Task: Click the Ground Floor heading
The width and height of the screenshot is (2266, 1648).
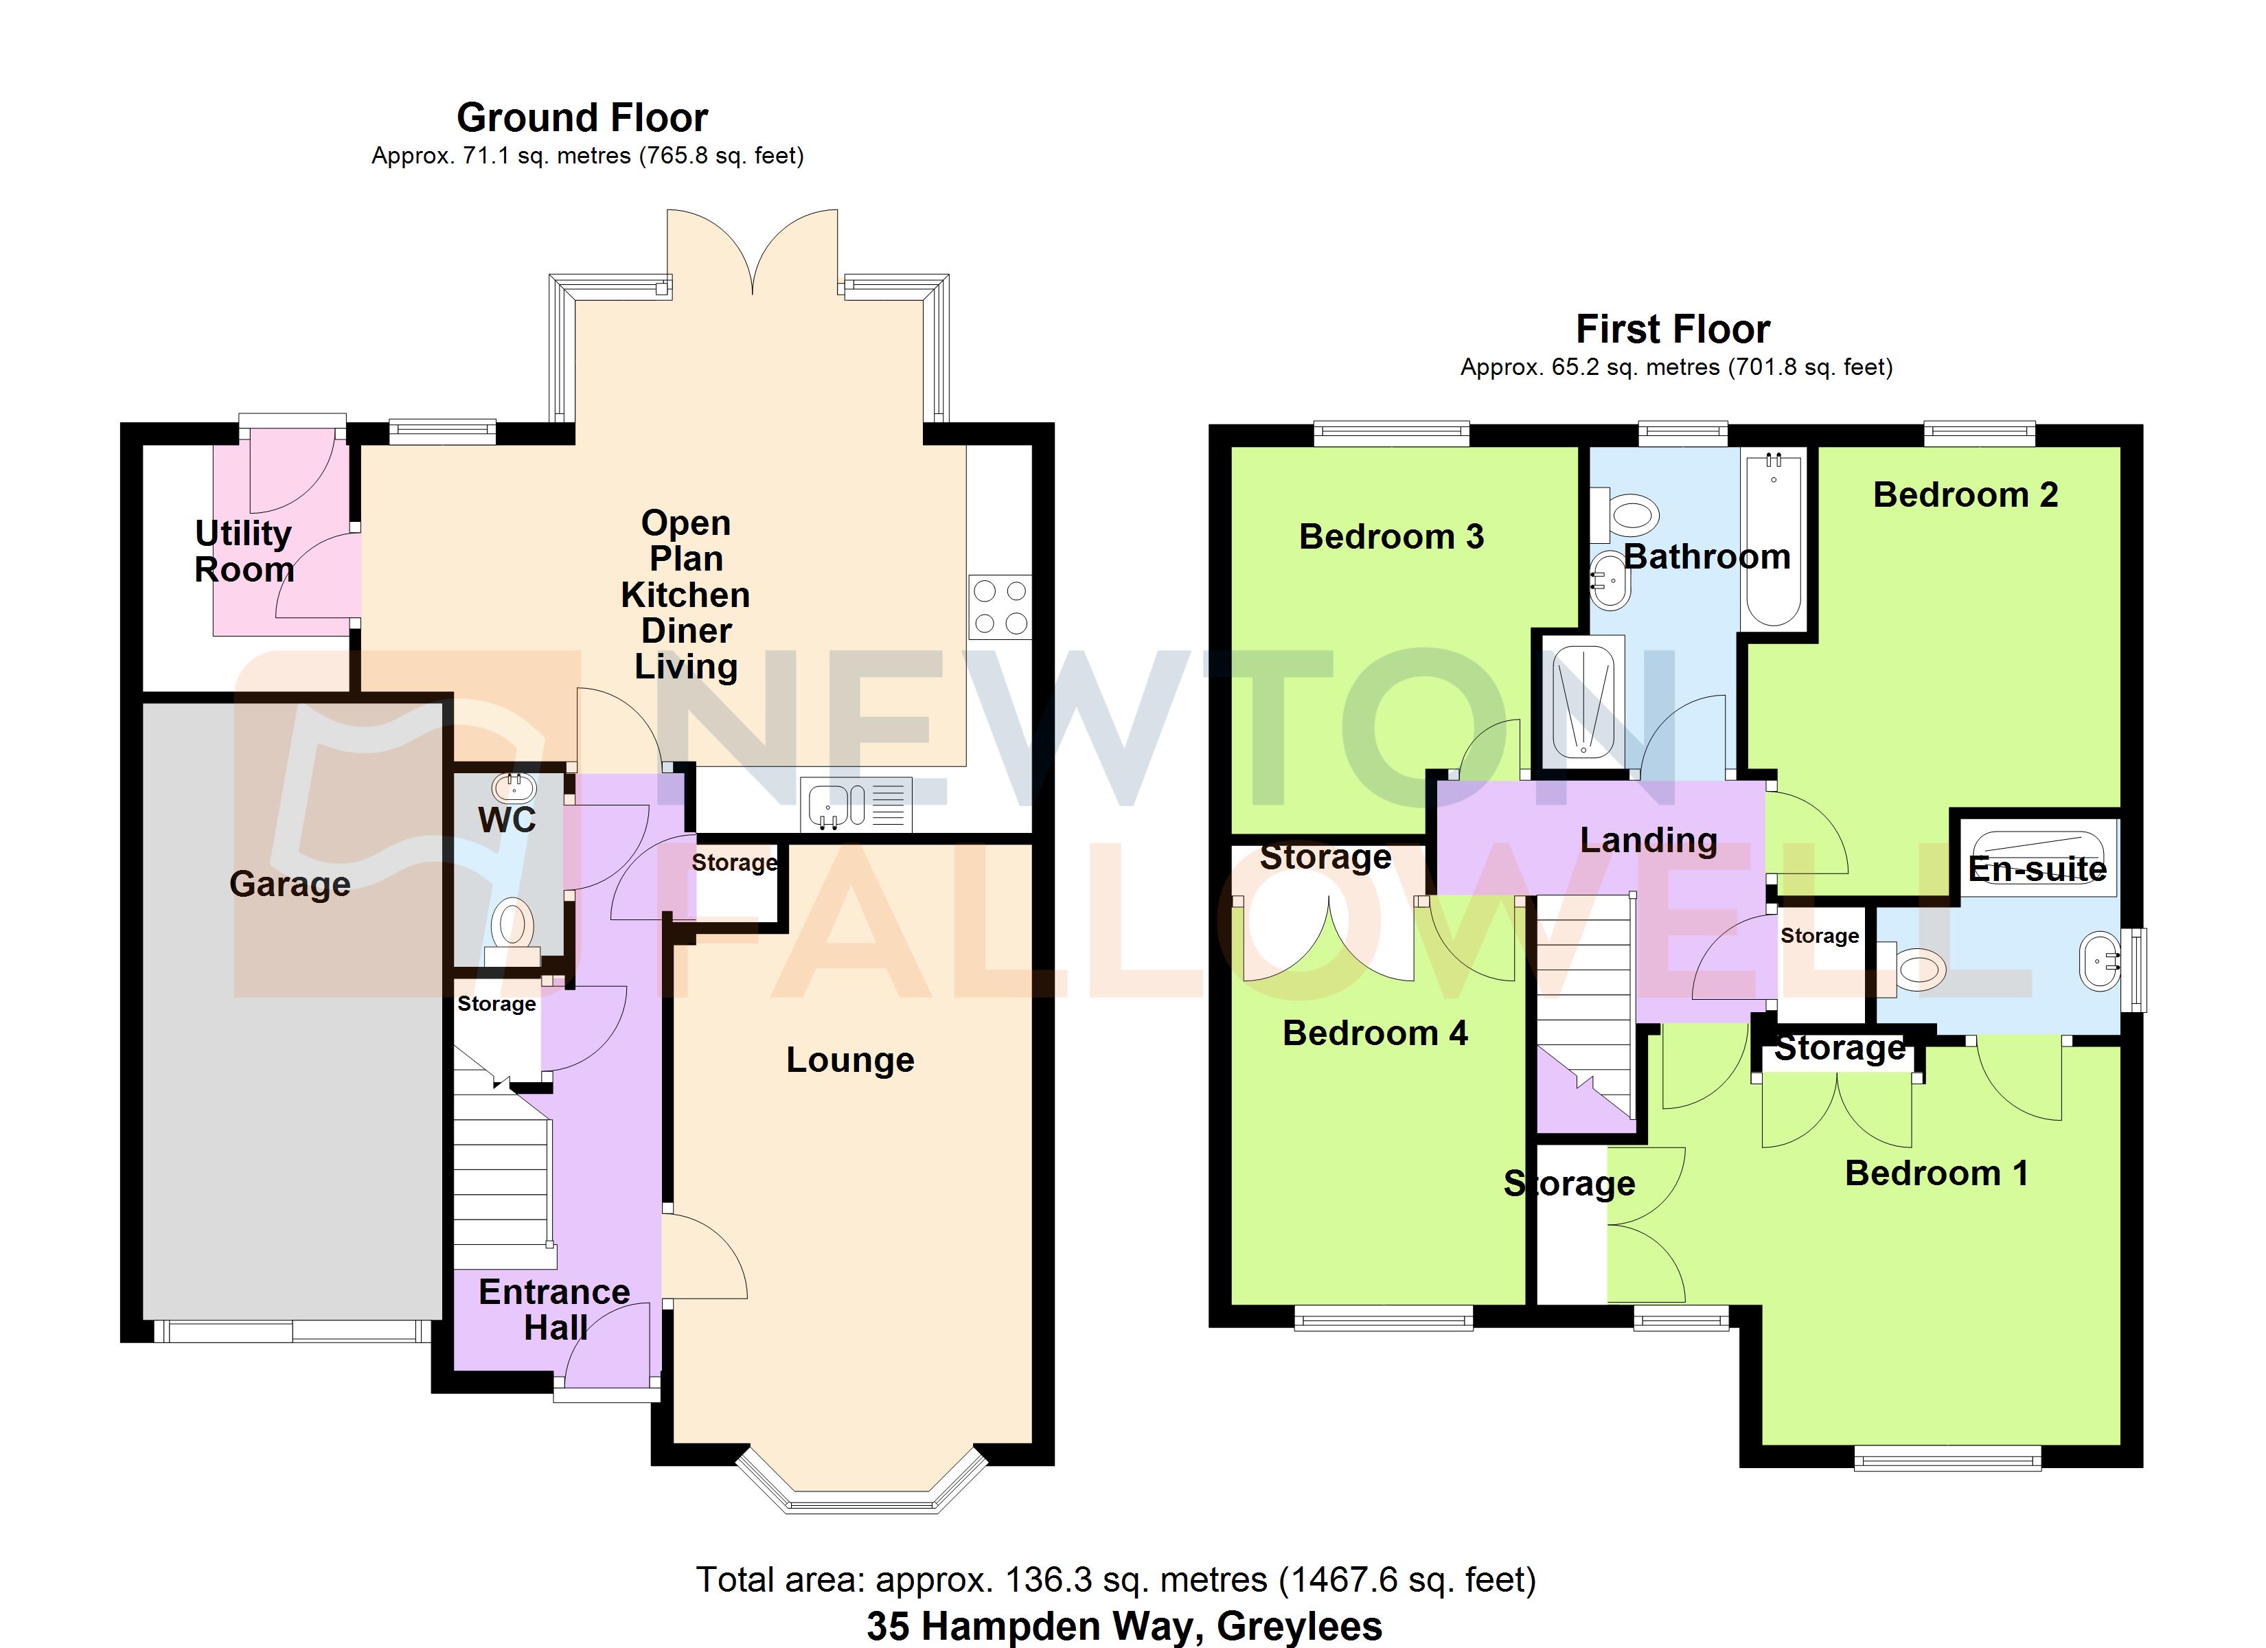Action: [582, 118]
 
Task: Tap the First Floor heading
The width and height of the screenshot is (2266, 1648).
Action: [1673, 329]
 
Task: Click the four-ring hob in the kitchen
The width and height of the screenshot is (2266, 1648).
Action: [999, 606]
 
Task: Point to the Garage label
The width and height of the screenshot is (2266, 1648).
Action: [290, 884]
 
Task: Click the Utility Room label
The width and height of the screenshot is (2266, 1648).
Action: [244, 551]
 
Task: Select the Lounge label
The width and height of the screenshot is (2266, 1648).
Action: [850, 1060]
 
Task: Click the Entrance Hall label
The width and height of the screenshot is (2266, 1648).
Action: [555, 1309]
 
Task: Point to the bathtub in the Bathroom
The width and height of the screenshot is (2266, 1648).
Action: [1774, 540]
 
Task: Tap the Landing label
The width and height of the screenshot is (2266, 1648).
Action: [1649, 840]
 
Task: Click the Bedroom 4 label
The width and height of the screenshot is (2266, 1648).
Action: [1375, 1033]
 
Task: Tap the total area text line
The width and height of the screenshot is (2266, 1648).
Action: [1115, 1580]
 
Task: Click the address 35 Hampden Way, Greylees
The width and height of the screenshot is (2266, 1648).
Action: [1124, 1626]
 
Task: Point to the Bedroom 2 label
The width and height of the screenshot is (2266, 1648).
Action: [1965, 494]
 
